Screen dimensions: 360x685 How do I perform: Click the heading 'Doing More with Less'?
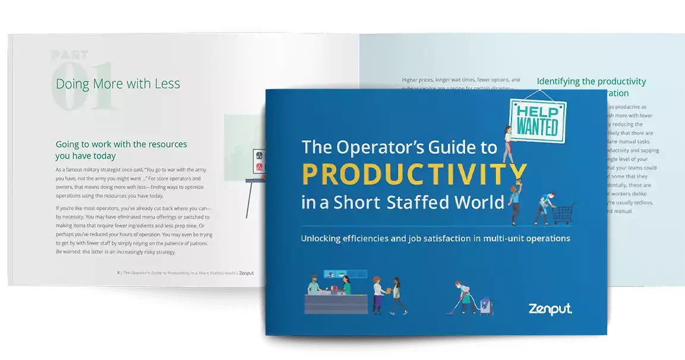(x=118, y=84)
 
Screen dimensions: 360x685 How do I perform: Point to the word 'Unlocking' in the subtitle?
(x=325, y=239)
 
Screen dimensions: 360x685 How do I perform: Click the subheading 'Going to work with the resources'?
(x=121, y=144)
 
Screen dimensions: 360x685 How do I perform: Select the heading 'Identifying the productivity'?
(x=591, y=81)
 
